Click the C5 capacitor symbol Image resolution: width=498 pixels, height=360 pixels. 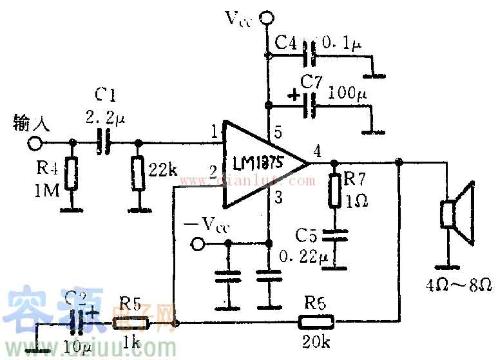(334, 232)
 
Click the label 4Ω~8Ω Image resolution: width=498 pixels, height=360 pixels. (461, 284)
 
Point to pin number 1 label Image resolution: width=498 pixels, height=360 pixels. (213, 133)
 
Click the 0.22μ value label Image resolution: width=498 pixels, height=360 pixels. (304, 257)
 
